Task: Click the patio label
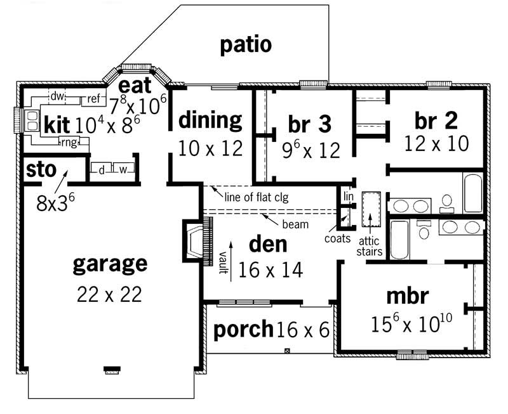[246, 44]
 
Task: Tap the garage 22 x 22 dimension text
[109, 294]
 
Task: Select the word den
[267, 244]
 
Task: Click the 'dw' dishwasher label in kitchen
[57, 96]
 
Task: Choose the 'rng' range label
[69, 142]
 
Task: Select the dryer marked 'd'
[101, 169]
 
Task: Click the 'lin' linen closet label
[347, 197]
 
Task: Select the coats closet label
[337, 238]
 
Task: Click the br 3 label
[309, 124]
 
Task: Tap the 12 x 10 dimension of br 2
[436, 143]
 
